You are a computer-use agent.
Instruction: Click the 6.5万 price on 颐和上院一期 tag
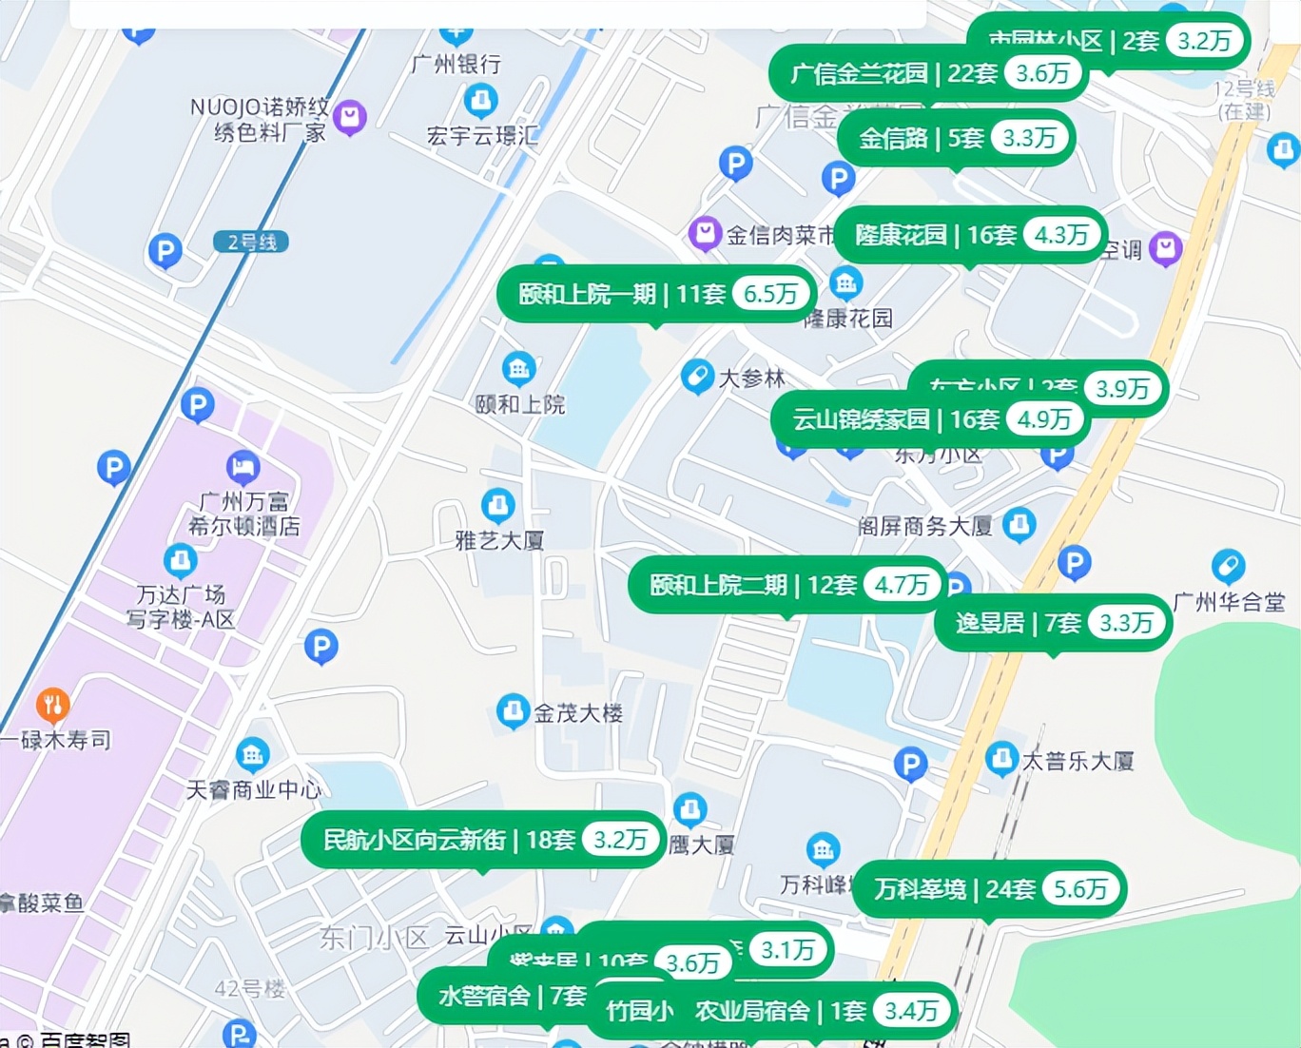pos(770,294)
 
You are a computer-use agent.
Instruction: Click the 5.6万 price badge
pos(1080,889)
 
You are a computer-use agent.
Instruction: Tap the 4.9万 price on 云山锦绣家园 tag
pos(1044,419)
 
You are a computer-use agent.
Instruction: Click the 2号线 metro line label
pos(251,243)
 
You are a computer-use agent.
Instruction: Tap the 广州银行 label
pos(456,65)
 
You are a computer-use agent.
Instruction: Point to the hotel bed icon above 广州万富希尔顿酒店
pos(243,467)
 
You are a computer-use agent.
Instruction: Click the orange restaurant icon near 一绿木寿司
pos(53,705)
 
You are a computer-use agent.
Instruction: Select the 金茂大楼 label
pos(578,712)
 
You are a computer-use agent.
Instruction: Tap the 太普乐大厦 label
pos(1078,761)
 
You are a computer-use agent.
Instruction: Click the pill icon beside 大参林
pos(697,377)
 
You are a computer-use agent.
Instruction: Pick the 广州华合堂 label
pos(1229,602)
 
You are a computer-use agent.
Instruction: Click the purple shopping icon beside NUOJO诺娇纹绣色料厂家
pos(350,117)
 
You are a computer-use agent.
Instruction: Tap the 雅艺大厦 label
pos(500,540)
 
